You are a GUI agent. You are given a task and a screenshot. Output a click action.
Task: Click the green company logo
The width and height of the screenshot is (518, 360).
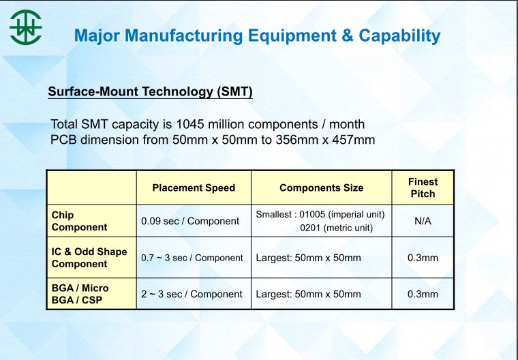pyautogui.click(x=25, y=27)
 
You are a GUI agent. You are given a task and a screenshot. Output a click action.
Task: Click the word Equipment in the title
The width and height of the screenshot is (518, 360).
pyautogui.click(x=292, y=36)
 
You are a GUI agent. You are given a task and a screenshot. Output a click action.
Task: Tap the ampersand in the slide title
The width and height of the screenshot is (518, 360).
pyautogui.click(x=348, y=35)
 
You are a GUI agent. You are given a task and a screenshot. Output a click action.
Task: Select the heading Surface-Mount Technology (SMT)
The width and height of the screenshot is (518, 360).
pyautogui.click(x=151, y=91)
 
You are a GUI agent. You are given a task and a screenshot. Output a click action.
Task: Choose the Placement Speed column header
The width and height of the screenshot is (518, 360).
pyautogui.click(x=194, y=187)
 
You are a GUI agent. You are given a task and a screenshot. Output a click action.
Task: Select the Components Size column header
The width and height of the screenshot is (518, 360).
pyautogui.click(x=322, y=187)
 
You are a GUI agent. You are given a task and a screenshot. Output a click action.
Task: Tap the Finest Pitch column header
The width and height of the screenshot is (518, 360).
pyautogui.click(x=423, y=187)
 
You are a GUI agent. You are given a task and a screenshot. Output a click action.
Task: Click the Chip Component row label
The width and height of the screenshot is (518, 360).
pyautogui.click(x=79, y=221)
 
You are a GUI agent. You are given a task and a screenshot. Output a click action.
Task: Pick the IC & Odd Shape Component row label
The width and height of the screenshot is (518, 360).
pyautogui.click(x=89, y=258)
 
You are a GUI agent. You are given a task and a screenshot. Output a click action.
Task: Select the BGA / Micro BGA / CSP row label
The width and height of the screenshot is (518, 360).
pyautogui.click(x=80, y=294)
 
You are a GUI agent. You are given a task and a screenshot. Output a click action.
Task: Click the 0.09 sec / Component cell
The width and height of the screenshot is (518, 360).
pyautogui.click(x=190, y=221)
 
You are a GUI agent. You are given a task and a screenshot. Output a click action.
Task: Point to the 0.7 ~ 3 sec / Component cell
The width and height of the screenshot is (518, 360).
pyautogui.click(x=192, y=258)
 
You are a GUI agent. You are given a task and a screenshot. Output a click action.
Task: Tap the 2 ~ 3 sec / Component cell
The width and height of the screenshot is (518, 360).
pyautogui.click(x=192, y=294)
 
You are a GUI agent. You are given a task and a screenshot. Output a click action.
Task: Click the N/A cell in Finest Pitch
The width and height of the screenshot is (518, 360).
pyautogui.click(x=423, y=221)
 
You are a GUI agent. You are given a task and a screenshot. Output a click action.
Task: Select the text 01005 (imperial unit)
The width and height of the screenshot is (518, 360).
pyautogui.click(x=342, y=215)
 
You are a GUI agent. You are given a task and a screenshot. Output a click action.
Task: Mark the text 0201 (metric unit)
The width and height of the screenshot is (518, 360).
pyautogui.click(x=336, y=228)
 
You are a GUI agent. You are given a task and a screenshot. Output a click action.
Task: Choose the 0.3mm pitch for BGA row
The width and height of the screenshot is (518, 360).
pyautogui.click(x=423, y=294)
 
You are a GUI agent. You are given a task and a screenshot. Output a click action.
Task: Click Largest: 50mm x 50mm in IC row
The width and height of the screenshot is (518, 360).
pyautogui.click(x=308, y=258)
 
